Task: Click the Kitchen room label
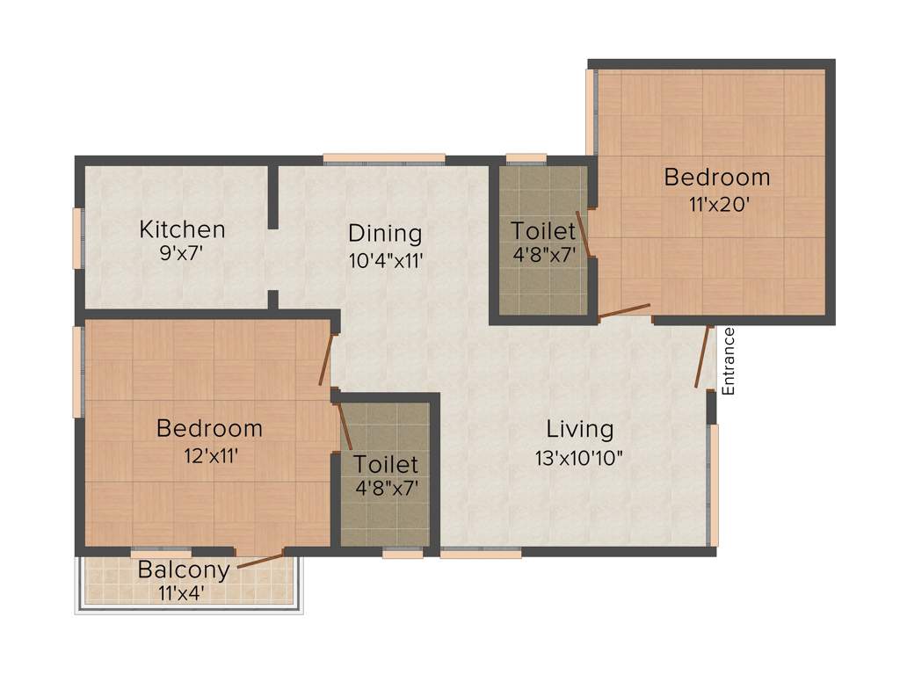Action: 183,230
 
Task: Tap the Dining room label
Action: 385,234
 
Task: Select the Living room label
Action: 580,430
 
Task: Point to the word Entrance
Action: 728,361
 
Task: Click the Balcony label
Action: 184,570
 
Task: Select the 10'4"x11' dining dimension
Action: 385,261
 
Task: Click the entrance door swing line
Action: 702,357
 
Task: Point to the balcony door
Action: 260,561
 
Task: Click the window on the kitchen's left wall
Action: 77,238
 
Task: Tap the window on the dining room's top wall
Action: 384,158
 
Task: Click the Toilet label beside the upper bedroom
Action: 543,231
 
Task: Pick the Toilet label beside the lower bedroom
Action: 386,463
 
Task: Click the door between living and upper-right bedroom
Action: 624,310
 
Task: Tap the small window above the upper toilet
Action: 526,158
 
